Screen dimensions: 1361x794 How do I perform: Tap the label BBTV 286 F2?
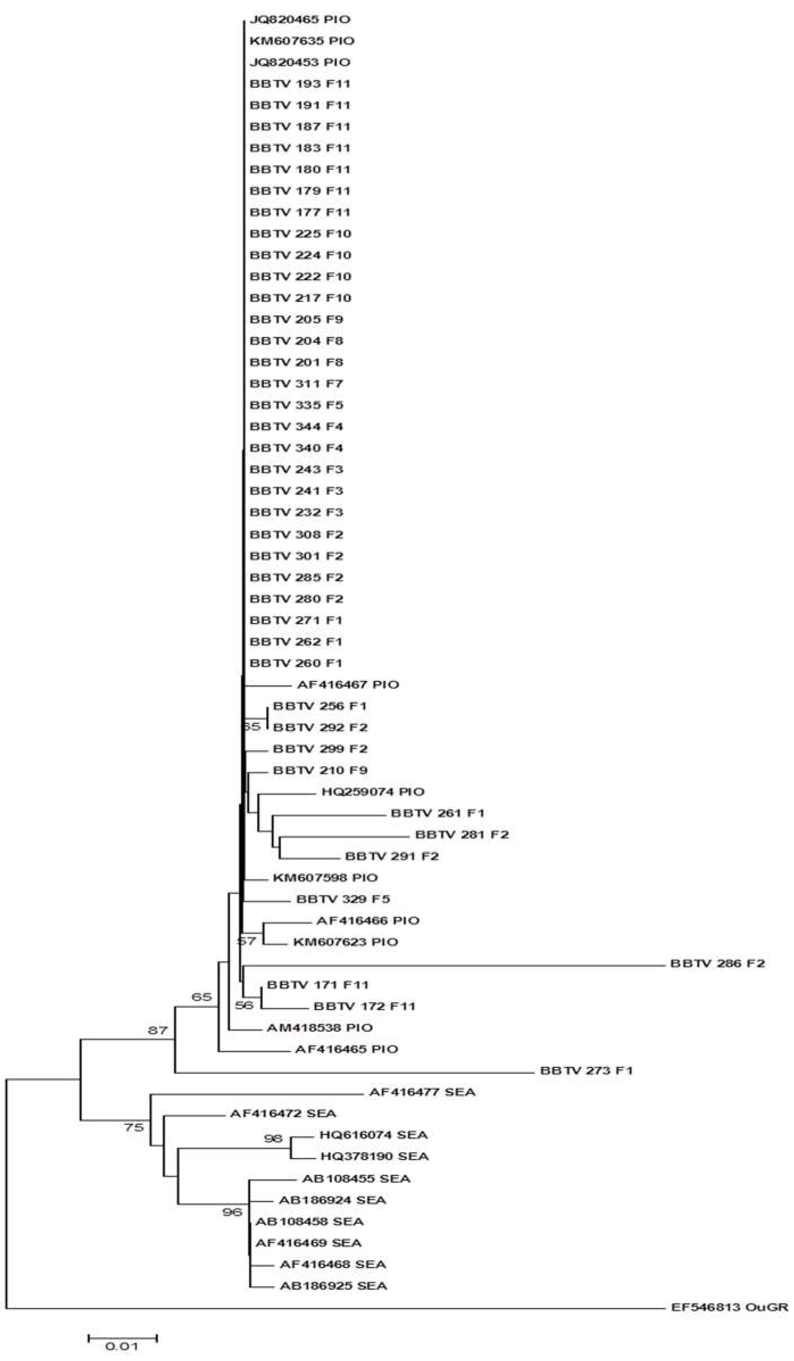click(717, 964)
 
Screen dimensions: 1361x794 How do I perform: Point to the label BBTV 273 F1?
click(586, 1070)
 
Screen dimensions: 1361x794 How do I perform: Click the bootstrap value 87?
click(158, 1030)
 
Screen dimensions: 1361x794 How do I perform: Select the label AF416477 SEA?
click(422, 1092)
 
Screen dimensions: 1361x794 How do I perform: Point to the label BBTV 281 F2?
click(462, 834)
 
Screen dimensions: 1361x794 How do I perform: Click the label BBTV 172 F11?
click(364, 1006)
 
